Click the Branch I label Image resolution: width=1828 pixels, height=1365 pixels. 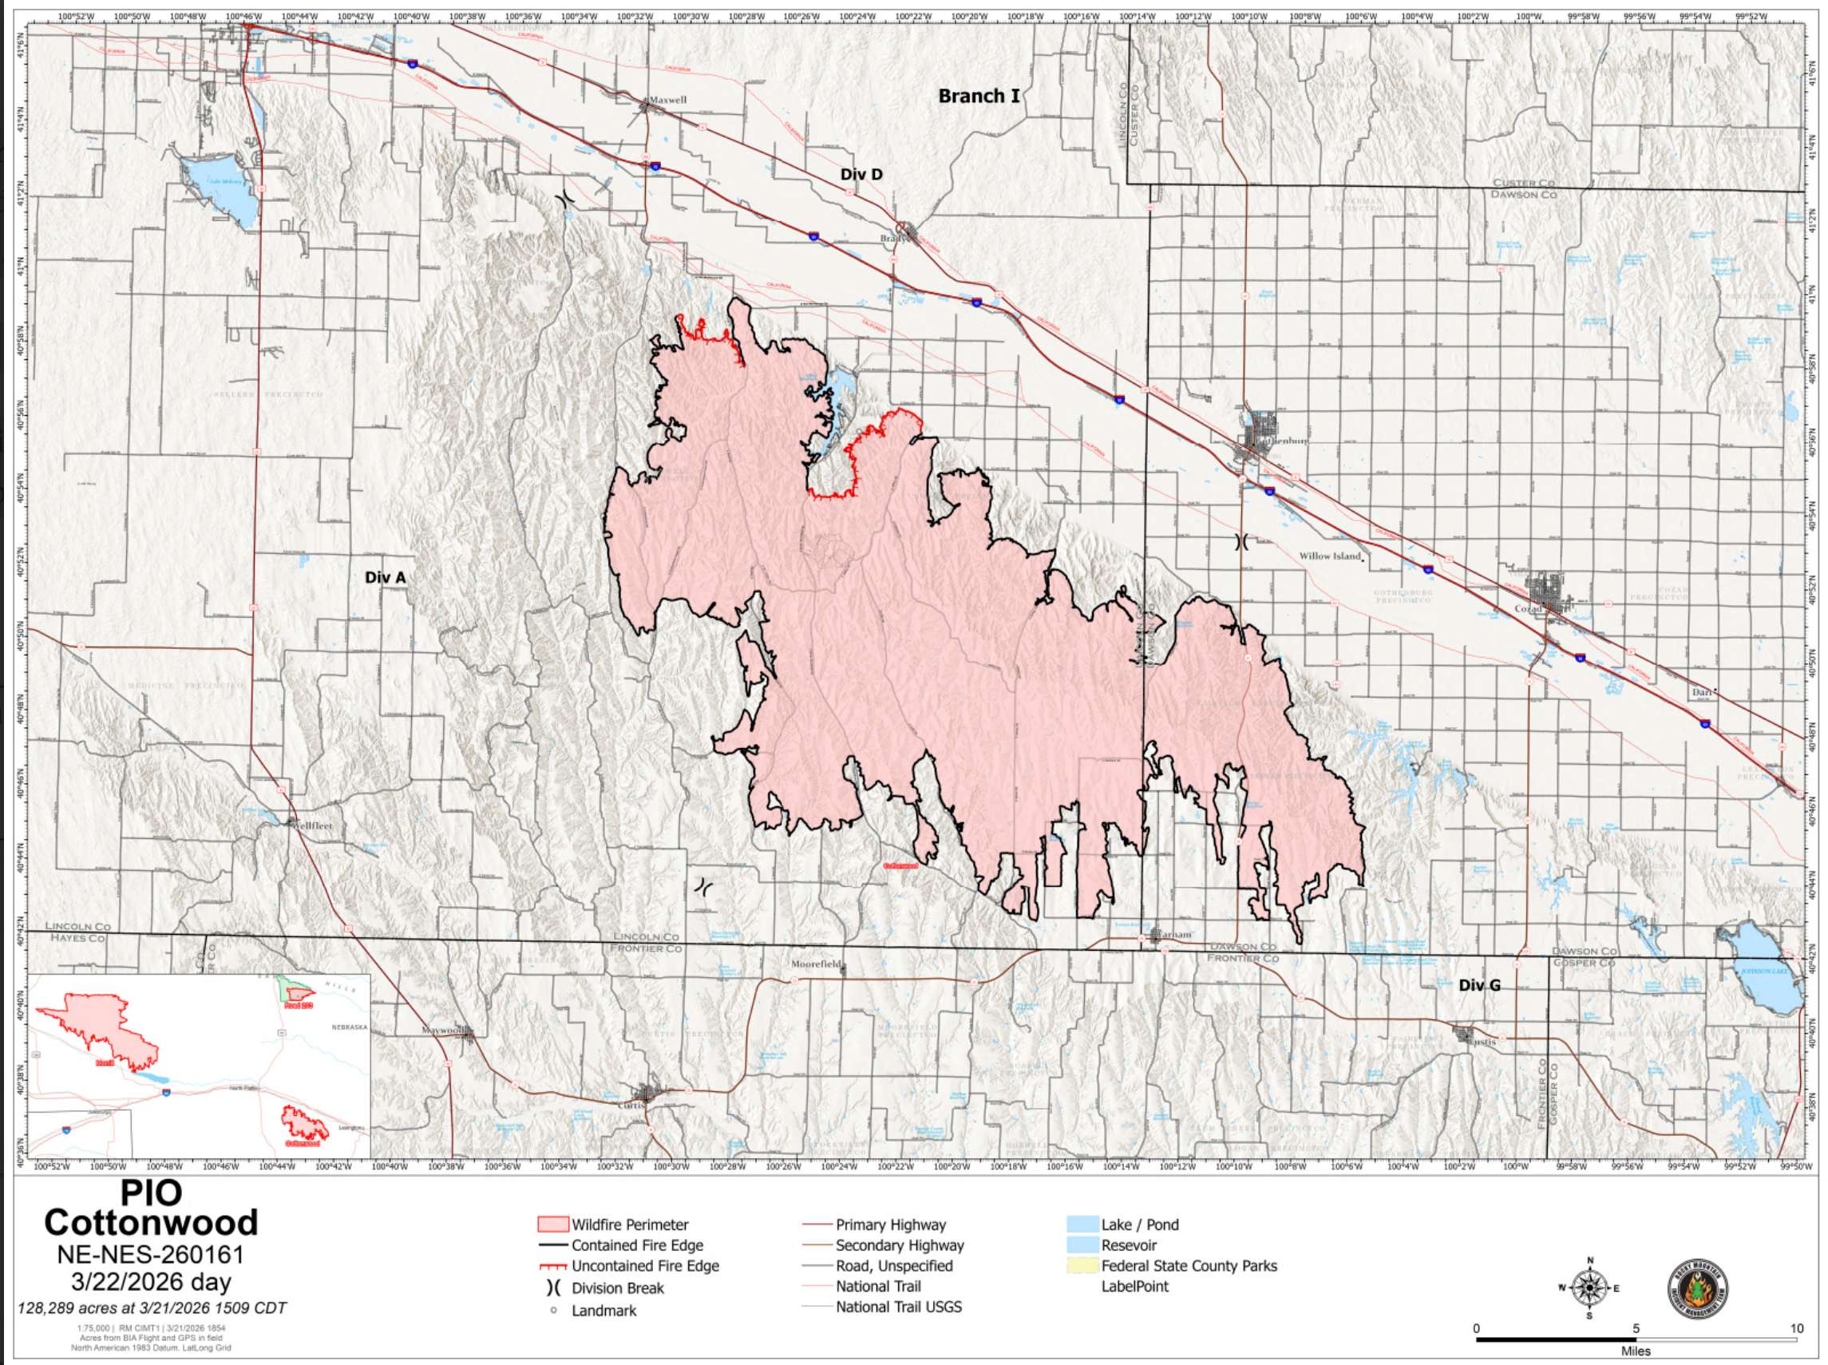pos(979,96)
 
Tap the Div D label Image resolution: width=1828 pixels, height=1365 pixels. pos(861,174)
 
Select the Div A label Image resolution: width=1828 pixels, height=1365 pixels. pos(385,578)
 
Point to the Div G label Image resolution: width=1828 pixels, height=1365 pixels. pos(1479,985)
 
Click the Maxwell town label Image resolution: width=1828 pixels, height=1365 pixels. pos(667,100)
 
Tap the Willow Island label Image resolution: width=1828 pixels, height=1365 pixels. pos(1329,556)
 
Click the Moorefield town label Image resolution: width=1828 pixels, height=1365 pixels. pos(816,964)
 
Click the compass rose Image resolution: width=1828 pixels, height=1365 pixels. pos(1588,1288)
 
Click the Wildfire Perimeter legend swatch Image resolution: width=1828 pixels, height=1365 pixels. pos(553,1225)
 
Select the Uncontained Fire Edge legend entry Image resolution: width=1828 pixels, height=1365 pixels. pos(645,1266)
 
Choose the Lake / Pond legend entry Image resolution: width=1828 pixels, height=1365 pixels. pos(1140,1225)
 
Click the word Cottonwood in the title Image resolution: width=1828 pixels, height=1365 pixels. pos(151,1221)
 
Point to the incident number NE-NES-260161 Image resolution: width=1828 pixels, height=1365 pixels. pos(150,1255)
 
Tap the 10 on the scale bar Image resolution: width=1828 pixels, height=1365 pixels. pos(1796,1327)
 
